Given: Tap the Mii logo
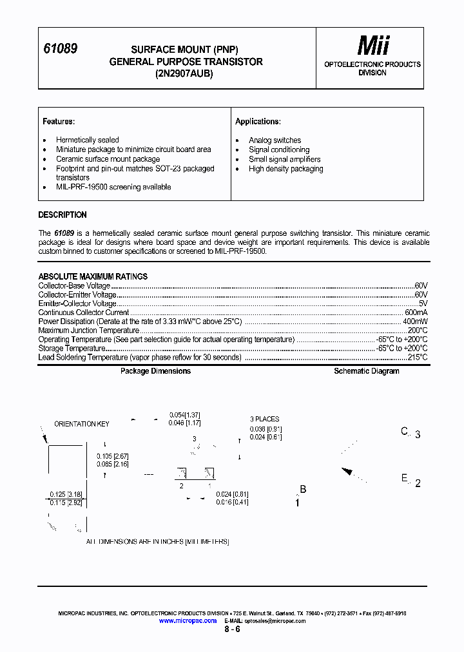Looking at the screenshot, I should click(x=374, y=45).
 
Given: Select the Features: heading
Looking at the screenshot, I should click(x=59, y=121).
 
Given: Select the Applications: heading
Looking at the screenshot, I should click(x=258, y=121).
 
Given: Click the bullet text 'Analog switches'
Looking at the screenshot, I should click(x=275, y=140).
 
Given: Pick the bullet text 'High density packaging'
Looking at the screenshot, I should click(x=286, y=169).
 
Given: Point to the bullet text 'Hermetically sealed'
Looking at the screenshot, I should click(x=87, y=140).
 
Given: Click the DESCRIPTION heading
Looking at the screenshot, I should click(x=63, y=215).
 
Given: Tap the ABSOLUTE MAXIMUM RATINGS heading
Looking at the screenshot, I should click(x=93, y=276).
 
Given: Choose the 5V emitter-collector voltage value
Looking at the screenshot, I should click(x=423, y=303).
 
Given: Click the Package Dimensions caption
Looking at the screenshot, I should click(x=155, y=371).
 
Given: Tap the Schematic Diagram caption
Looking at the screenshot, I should click(x=366, y=371).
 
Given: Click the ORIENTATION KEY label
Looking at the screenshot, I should click(x=81, y=424).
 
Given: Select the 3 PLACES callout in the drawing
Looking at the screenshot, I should click(x=265, y=419).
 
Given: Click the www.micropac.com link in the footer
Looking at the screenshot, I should click(x=187, y=620).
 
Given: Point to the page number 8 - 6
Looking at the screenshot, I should click(x=232, y=629).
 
